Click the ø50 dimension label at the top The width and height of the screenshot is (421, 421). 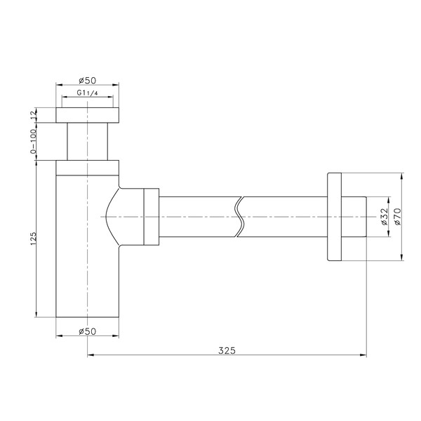88,80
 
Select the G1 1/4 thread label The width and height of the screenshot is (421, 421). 87,93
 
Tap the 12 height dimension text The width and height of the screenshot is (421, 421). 33,115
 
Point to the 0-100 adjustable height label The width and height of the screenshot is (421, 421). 33,141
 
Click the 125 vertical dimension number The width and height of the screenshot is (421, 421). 33,238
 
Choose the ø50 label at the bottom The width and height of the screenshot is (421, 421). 88,331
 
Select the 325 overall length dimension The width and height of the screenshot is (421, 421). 227,350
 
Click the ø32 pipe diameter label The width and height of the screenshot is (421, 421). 385,216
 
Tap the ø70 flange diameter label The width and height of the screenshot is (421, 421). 397,216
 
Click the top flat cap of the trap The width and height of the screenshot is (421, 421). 87,115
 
